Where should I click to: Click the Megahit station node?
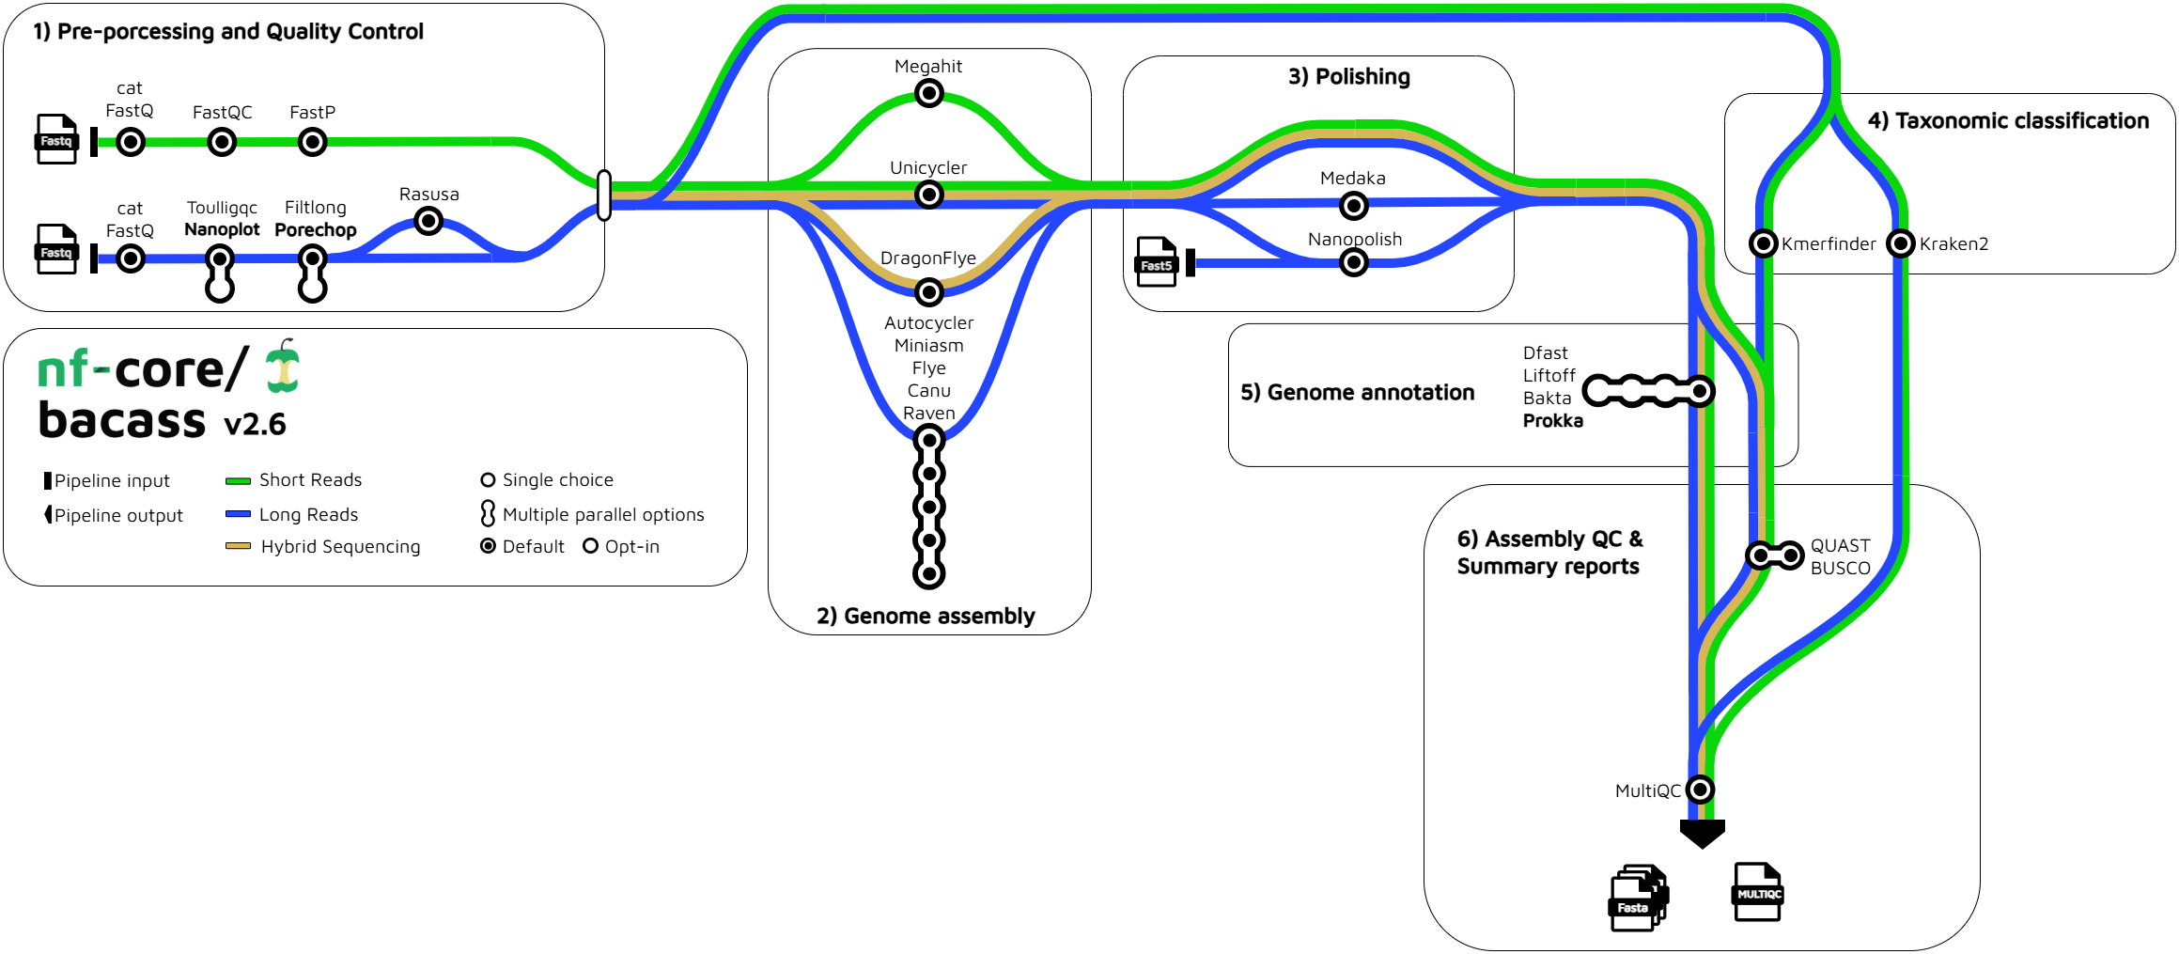(x=929, y=93)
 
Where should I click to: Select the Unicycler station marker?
(x=929, y=195)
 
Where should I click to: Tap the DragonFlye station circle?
(x=929, y=292)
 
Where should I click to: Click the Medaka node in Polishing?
(x=1353, y=205)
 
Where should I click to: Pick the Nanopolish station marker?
(x=1353, y=262)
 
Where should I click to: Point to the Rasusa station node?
(x=428, y=221)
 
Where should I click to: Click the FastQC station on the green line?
(x=222, y=142)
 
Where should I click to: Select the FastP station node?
(x=312, y=142)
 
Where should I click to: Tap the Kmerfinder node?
(x=1764, y=243)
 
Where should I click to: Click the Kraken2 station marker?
(x=1901, y=243)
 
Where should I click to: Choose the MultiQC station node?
(x=1700, y=790)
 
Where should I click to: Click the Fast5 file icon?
(x=1156, y=261)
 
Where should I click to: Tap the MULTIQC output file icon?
(x=1757, y=892)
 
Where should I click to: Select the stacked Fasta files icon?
(x=1638, y=899)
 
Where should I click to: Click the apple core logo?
(x=282, y=367)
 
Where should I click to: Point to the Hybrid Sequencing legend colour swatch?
(x=238, y=546)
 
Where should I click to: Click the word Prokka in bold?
(x=1552, y=421)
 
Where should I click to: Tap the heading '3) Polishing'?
(x=1348, y=76)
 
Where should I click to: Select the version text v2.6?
(x=255, y=425)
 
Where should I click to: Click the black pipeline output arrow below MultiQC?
(x=1702, y=833)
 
